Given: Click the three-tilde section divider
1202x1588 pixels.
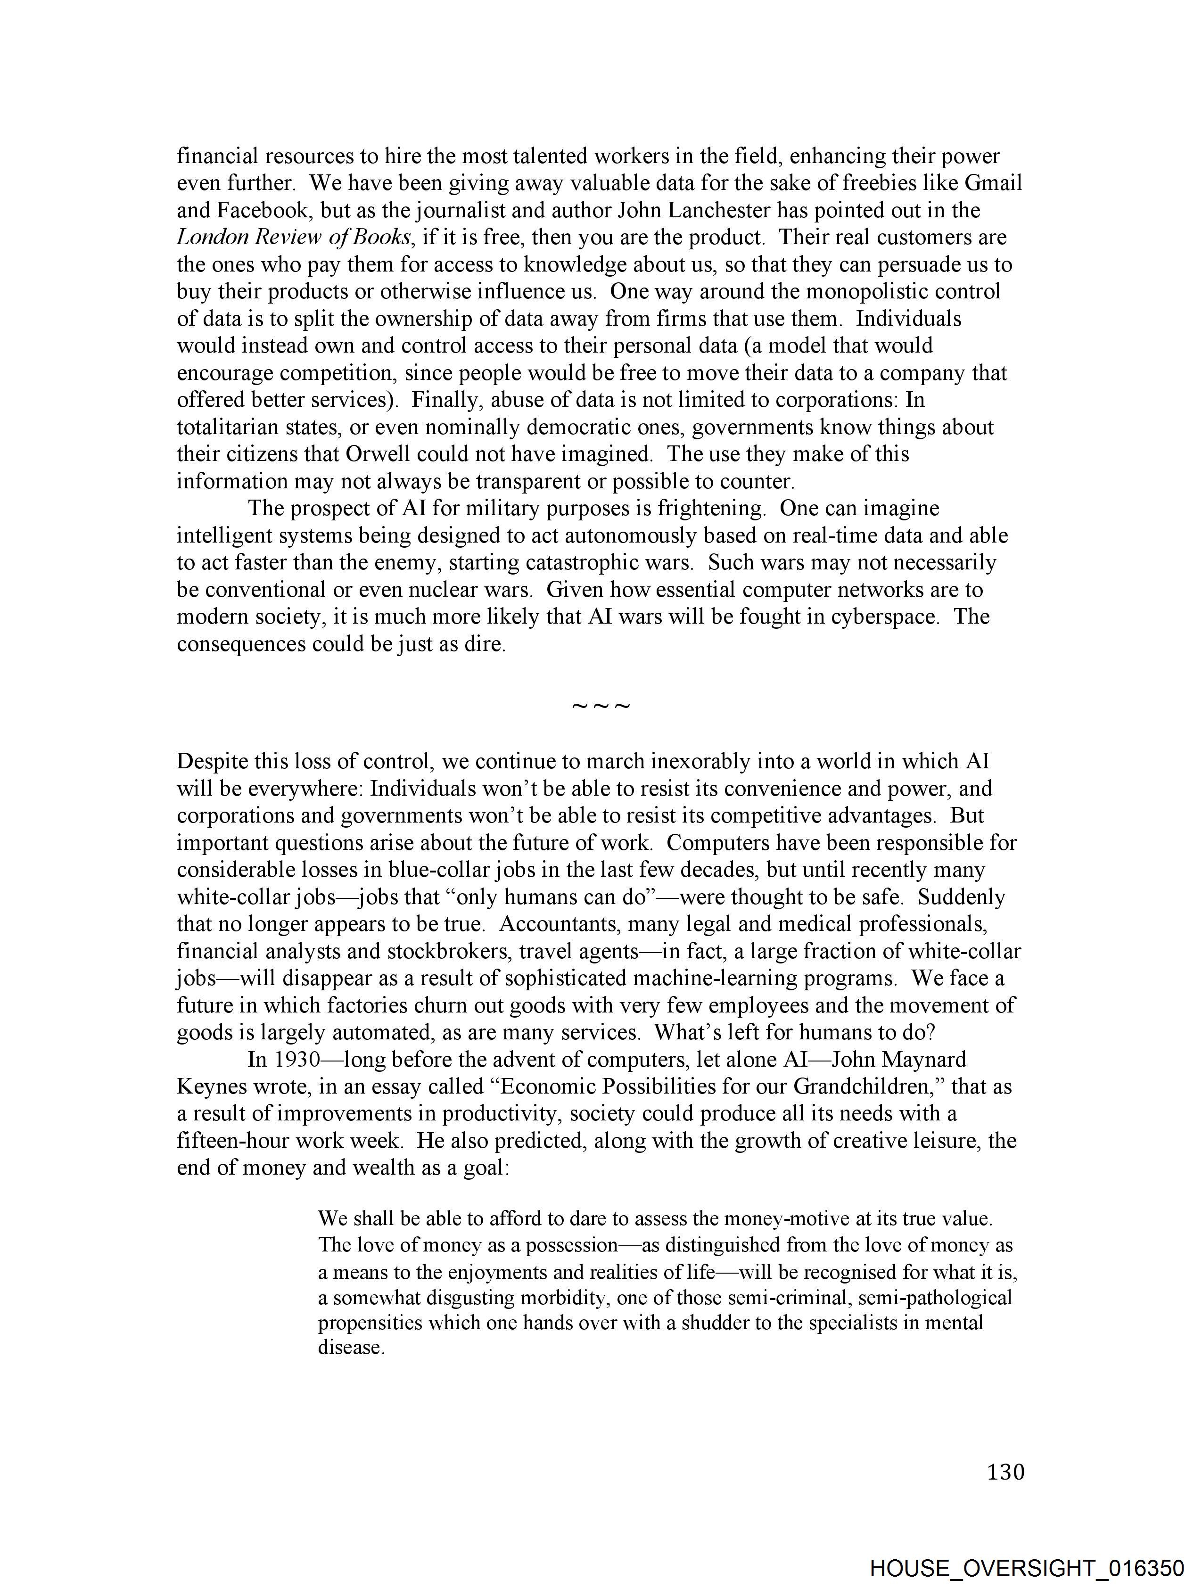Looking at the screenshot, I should [x=601, y=707].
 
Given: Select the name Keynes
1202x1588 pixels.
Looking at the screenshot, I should [x=207, y=1087].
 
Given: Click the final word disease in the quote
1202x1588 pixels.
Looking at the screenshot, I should [x=351, y=1348].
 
